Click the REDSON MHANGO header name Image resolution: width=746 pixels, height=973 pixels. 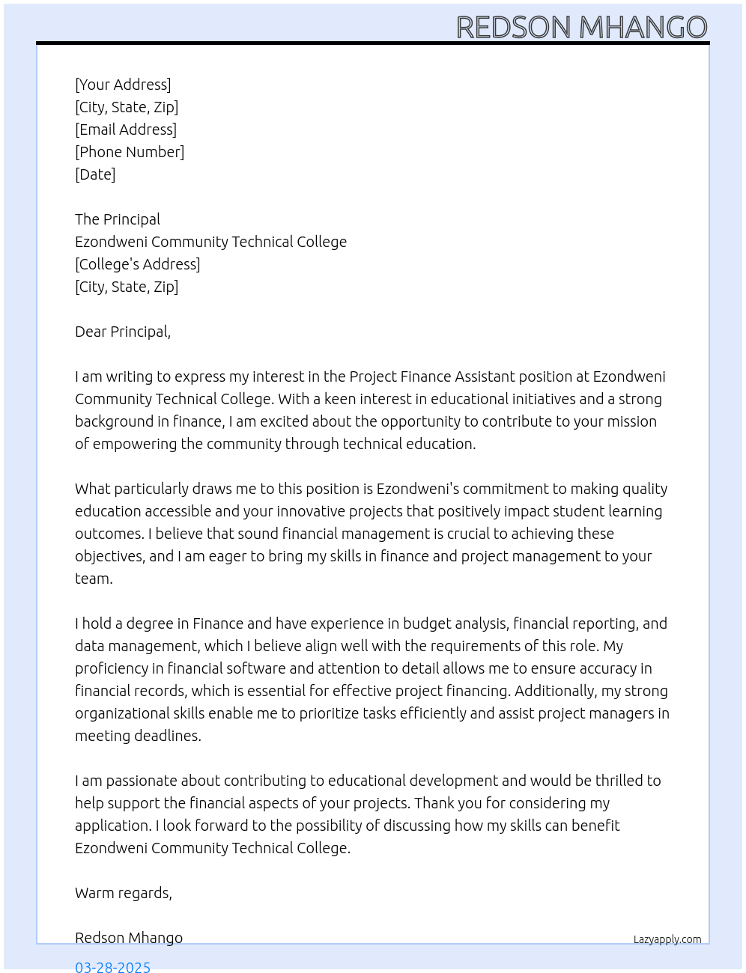(581, 28)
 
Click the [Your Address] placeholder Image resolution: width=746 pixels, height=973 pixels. (123, 85)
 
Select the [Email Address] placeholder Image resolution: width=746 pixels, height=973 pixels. (126, 129)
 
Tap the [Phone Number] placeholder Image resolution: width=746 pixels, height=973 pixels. (130, 152)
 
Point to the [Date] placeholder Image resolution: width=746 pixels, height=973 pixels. (95, 174)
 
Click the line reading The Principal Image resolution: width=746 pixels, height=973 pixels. (118, 219)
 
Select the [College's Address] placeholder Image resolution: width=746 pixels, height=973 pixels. (138, 264)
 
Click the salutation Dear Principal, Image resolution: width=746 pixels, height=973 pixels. (123, 332)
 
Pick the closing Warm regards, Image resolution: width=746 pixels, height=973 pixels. (124, 893)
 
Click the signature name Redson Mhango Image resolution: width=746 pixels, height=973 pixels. (129, 938)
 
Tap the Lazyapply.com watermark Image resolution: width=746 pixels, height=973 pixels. (667, 939)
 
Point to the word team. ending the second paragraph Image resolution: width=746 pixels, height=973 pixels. (94, 579)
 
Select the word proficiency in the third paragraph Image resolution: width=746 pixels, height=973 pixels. (112, 668)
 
